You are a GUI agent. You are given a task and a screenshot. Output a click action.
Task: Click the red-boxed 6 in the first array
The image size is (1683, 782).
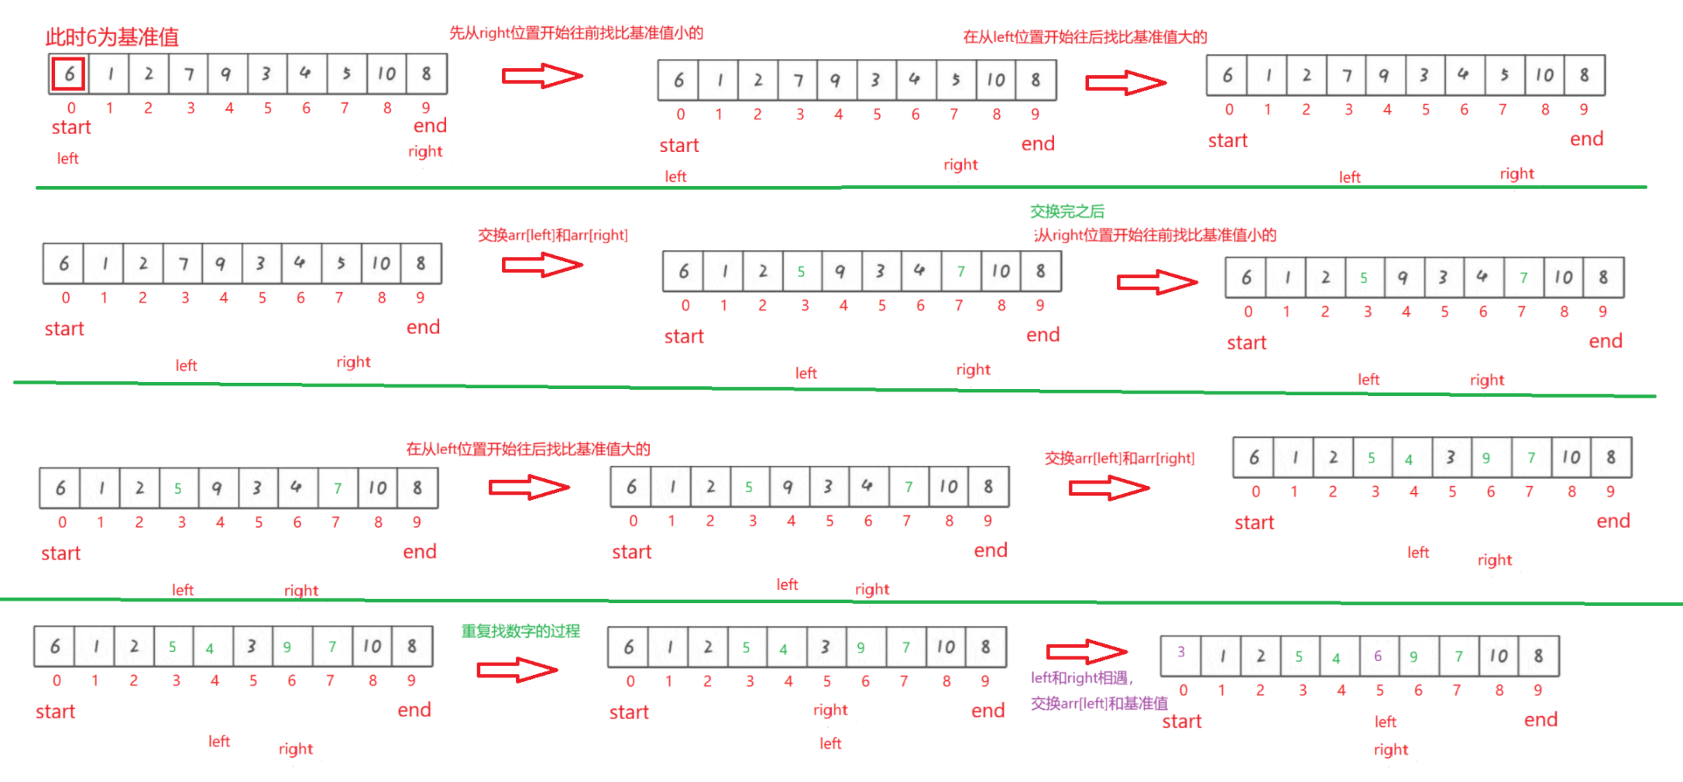69,74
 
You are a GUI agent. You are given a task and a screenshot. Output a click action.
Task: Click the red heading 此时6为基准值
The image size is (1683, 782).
112,36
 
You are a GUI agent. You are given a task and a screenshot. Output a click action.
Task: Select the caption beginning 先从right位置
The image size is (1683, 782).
576,33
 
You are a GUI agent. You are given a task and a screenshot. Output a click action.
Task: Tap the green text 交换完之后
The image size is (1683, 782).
1066,211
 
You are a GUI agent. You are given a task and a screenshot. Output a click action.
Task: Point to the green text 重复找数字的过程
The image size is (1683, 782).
520,631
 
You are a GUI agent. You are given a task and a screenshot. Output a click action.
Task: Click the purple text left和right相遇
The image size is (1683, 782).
1081,678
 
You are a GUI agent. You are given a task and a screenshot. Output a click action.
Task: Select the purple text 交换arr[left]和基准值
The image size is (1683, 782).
1098,704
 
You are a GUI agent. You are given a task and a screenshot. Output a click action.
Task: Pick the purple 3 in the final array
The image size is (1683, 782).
1180,652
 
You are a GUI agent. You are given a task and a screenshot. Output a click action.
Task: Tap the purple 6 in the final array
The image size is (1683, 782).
1377,656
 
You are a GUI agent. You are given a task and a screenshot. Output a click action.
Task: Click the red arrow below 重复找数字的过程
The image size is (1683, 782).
517,669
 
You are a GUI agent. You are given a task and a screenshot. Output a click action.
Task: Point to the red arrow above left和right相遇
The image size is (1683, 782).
1086,651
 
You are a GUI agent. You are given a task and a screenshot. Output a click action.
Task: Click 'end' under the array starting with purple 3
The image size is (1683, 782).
1540,720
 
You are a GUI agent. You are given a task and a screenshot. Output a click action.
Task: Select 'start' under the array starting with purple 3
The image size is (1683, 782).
1181,722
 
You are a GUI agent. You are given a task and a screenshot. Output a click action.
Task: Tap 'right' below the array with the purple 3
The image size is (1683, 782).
1390,749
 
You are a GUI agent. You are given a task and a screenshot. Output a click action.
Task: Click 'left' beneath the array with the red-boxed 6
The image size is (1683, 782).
67,159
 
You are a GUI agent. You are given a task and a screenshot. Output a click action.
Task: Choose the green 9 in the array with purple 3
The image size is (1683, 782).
1413,657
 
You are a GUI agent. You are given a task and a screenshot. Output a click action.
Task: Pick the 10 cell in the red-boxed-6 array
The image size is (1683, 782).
386,74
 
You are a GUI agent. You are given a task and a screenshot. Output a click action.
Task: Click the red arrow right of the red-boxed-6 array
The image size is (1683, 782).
541,76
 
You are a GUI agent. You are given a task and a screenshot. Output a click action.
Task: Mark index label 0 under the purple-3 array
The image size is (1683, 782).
1183,690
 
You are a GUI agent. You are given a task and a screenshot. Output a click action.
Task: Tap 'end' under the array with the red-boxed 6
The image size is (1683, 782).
430,126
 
